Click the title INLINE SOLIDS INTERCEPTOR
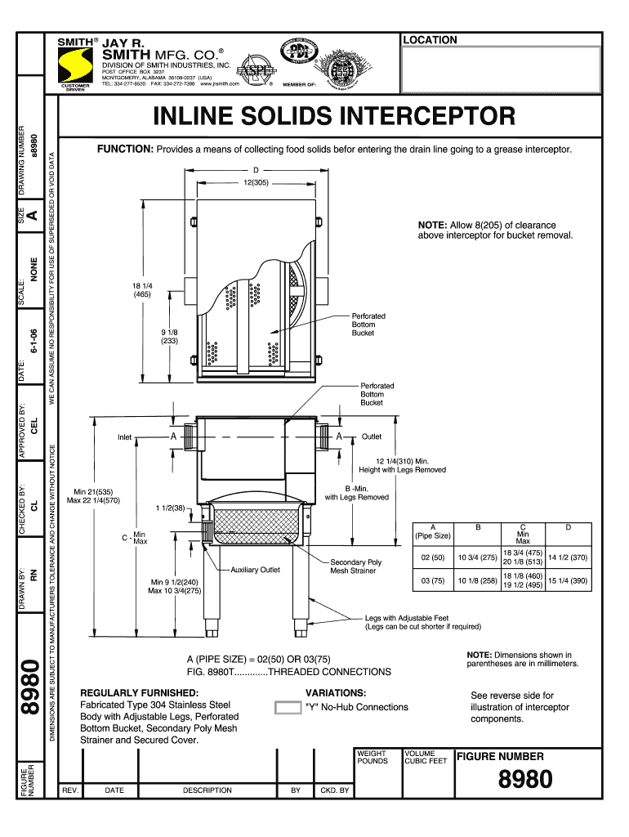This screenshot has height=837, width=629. click(335, 116)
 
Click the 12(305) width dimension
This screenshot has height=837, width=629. click(256, 182)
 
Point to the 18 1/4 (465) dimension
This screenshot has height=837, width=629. click(142, 291)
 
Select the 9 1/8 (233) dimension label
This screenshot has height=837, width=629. click(170, 338)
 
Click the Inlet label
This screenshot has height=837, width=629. click(124, 437)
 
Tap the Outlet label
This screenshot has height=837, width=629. click(372, 437)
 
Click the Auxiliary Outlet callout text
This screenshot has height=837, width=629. click(255, 570)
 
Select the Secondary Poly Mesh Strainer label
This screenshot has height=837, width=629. click(355, 566)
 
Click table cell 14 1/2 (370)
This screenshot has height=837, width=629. click(568, 557)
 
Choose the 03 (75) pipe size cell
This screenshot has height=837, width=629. click(433, 581)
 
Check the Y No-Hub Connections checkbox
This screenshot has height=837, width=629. click(288, 708)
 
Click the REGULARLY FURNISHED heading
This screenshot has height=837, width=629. click(133, 692)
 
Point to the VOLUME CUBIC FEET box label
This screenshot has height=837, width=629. click(426, 757)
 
